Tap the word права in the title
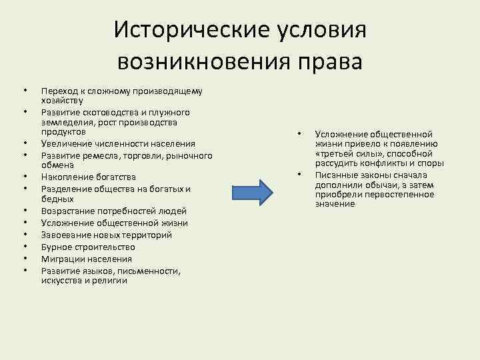point(325,62)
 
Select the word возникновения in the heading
point(199,62)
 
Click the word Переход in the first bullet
point(58,91)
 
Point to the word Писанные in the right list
point(335,175)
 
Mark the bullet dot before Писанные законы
point(299,175)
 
